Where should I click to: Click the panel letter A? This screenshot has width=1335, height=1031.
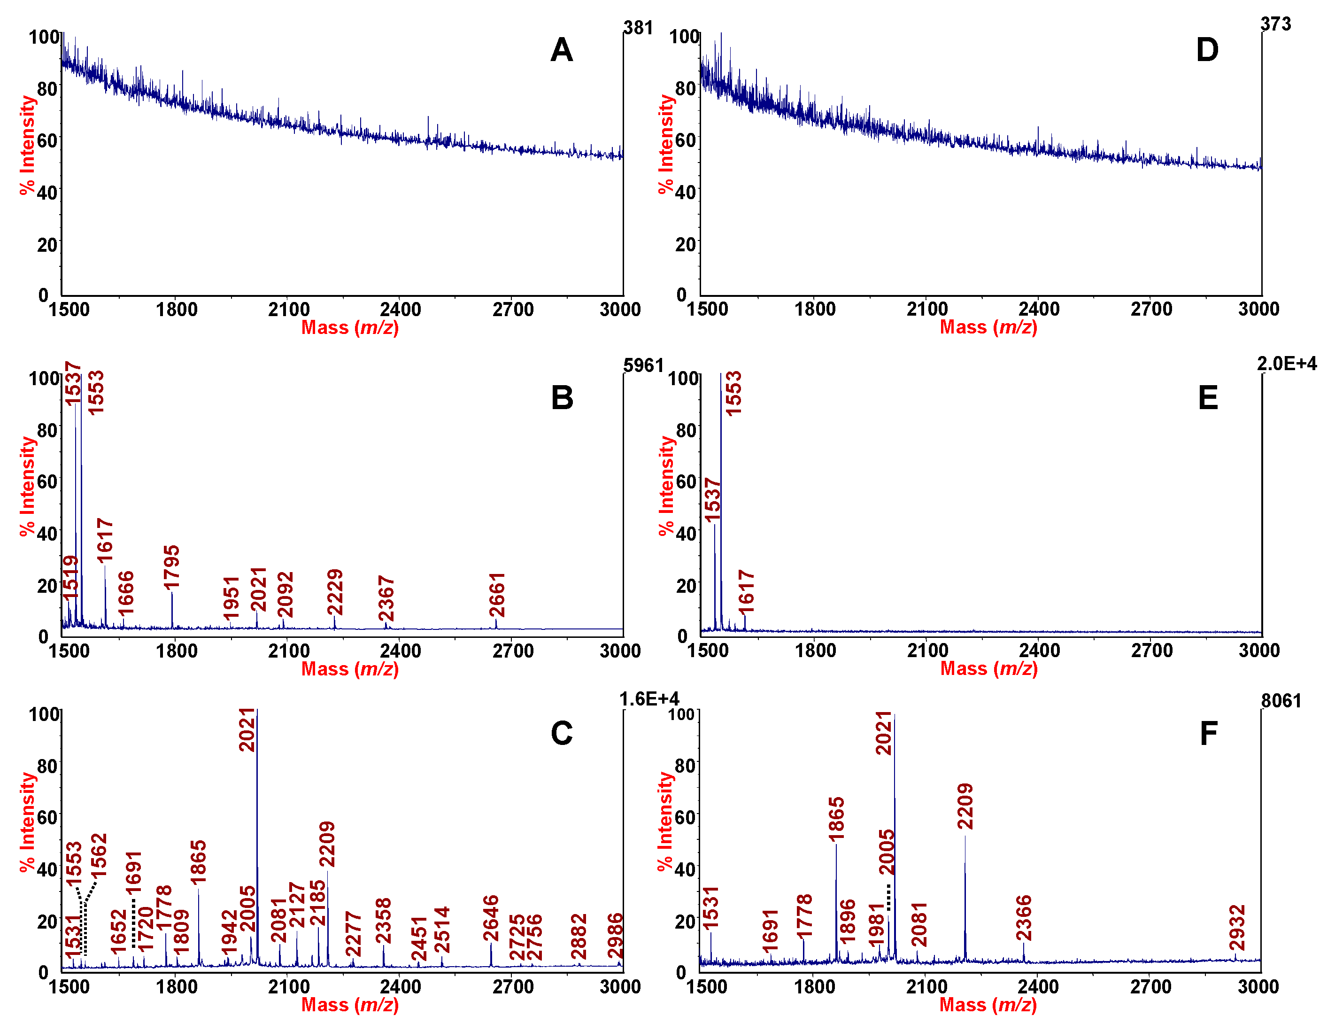pos(561,50)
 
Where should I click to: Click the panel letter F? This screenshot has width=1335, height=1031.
pos(1209,733)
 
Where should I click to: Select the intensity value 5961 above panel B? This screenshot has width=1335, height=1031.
pos(643,366)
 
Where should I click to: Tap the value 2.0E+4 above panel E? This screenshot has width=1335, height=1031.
pos(1287,364)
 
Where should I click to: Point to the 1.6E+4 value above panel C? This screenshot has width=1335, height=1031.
pos(648,699)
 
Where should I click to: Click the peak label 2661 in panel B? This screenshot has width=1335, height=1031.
pos(497,595)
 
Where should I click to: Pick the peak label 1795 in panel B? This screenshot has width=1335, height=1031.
pos(172,567)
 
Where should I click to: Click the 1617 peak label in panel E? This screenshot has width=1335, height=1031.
pos(746,592)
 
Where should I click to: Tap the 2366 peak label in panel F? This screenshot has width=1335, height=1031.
pos(1024,918)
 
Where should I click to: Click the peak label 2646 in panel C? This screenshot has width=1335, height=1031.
pos(491,918)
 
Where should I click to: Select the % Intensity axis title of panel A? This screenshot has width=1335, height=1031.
pos(28,146)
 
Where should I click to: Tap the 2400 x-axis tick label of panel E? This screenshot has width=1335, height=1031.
pos(1039,650)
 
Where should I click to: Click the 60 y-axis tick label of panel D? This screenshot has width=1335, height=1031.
pos(685,140)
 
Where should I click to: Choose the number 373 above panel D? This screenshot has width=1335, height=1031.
pos(1276,24)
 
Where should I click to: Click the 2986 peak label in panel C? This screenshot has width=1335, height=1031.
pos(616,936)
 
